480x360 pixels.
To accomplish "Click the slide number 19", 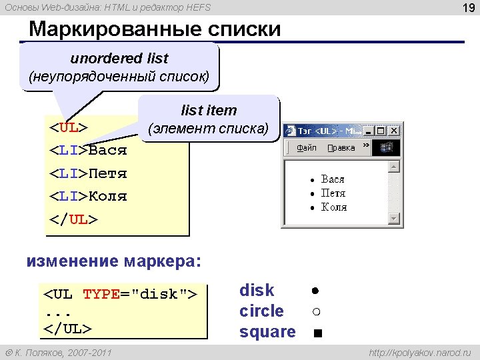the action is [x=469, y=7].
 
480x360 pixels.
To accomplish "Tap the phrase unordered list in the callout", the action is [x=119, y=58].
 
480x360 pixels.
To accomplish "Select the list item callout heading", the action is [x=209, y=110].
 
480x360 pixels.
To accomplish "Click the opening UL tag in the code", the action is [x=69, y=127].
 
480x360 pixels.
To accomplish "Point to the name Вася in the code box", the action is [x=107, y=150].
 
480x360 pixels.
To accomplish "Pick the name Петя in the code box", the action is [x=107, y=173].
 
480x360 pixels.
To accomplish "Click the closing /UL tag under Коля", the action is [x=73, y=220].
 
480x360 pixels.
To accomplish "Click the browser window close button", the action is [x=394, y=131].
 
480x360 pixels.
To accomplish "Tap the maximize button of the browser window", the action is [x=381, y=131].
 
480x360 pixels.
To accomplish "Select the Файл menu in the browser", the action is [x=307, y=148].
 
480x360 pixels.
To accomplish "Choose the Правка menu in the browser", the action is [x=341, y=148].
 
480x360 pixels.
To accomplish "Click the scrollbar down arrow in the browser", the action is [x=394, y=219].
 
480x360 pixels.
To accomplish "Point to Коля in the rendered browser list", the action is [x=334, y=207].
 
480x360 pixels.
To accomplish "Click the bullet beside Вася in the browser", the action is [x=312, y=180].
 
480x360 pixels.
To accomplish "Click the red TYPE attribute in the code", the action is [x=101, y=294].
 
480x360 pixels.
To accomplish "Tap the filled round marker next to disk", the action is [x=315, y=291].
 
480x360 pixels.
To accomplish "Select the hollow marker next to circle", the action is [x=317, y=311].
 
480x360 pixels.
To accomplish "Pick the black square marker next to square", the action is [x=318, y=333].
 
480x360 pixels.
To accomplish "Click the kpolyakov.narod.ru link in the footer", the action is [x=420, y=353].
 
